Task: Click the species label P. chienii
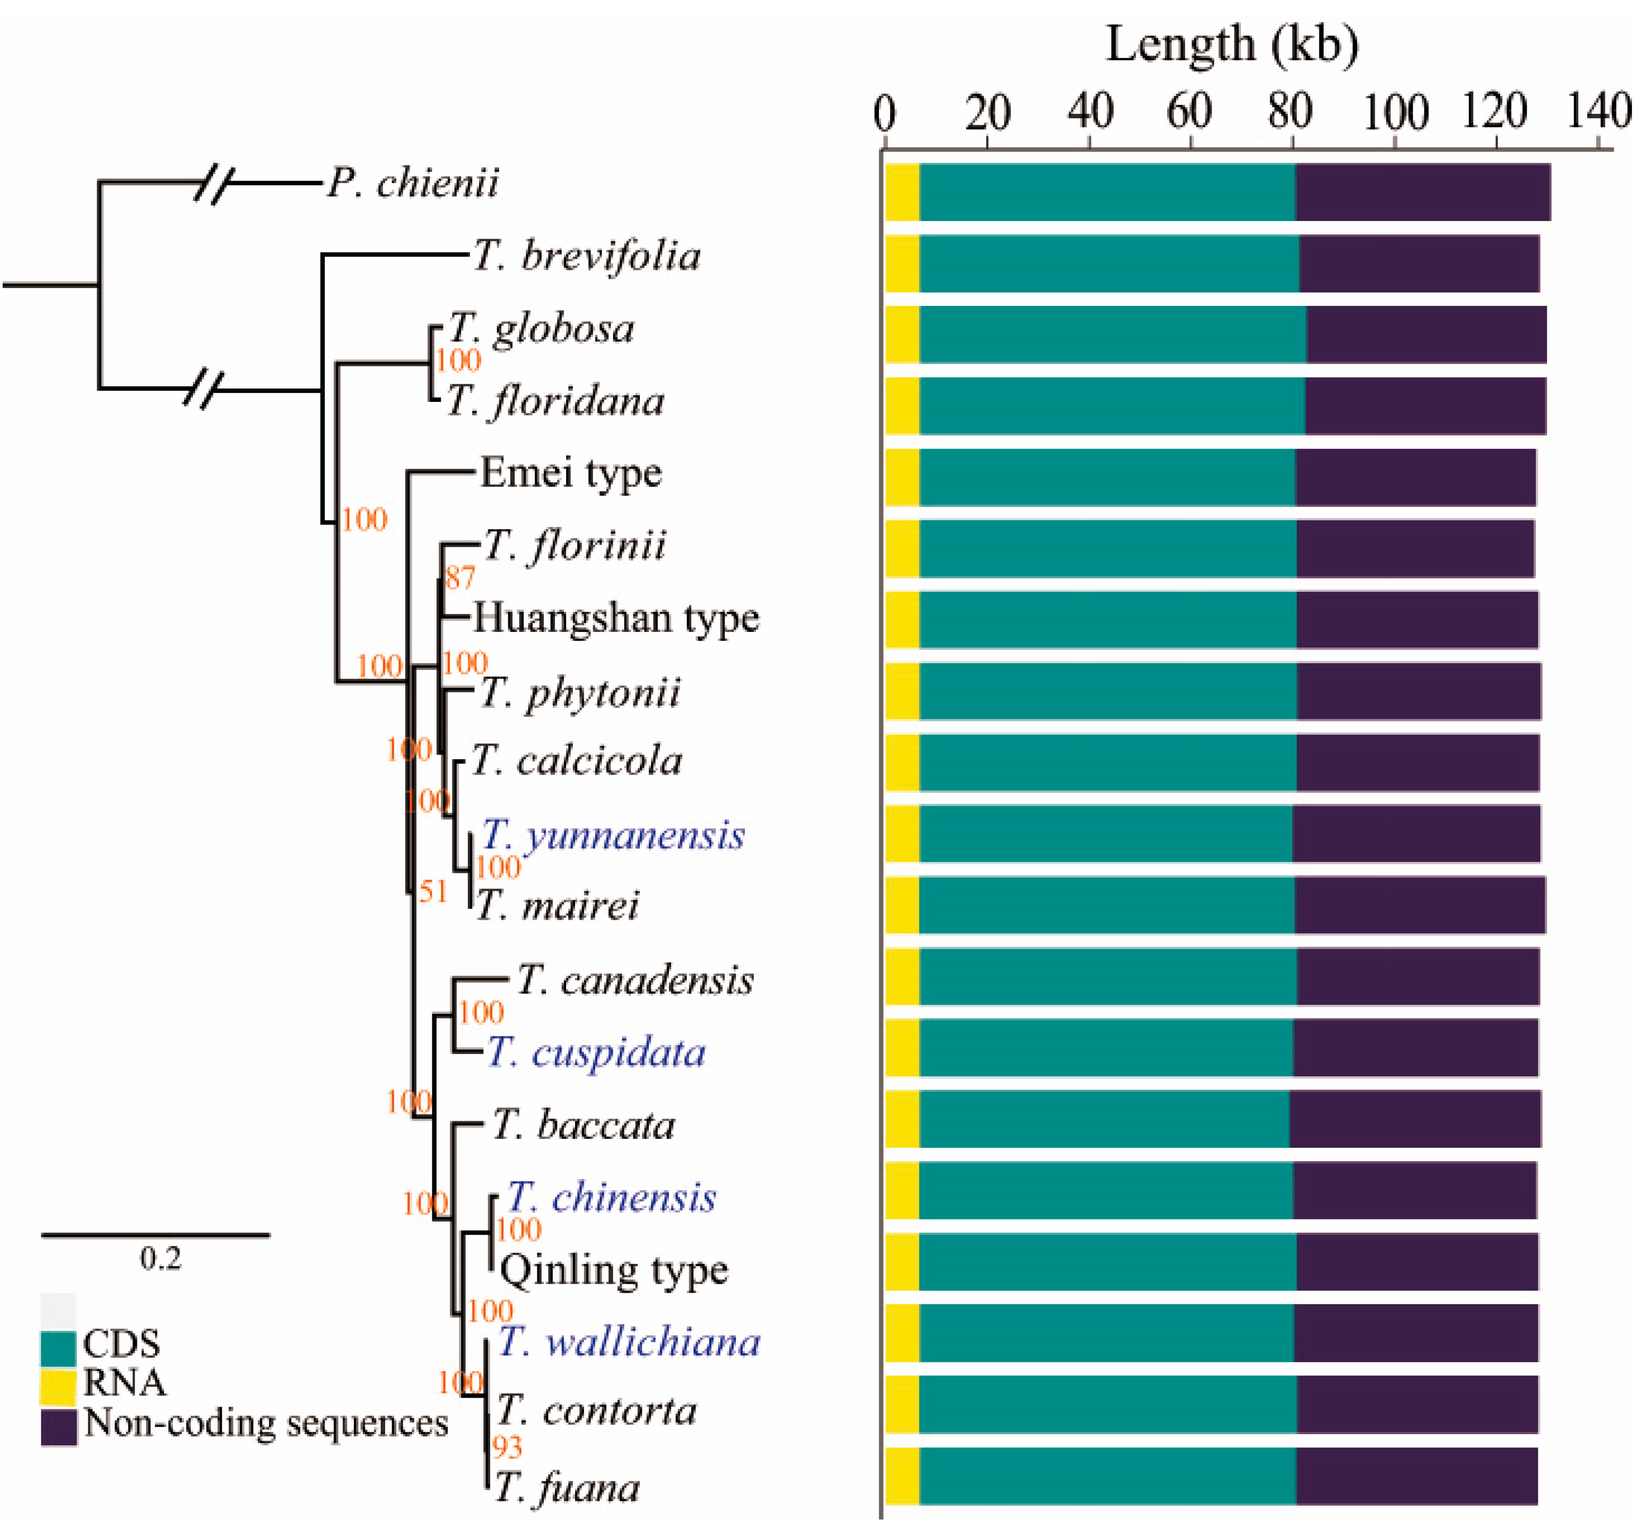(413, 183)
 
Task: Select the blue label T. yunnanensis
(613, 835)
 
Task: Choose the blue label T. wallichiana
(629, 1342)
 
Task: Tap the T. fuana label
(567, 1488)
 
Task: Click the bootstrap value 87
(460, 577)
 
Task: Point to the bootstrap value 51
(433, 891)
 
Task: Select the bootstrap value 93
(507, 1447)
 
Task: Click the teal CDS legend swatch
(58, 1348)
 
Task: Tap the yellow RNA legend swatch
(58, 1386)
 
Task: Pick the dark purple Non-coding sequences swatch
(58, 1426)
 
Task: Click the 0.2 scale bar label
(160, 1259)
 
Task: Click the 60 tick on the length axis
(1189, 112)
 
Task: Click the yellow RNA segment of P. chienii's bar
(902, 192)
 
